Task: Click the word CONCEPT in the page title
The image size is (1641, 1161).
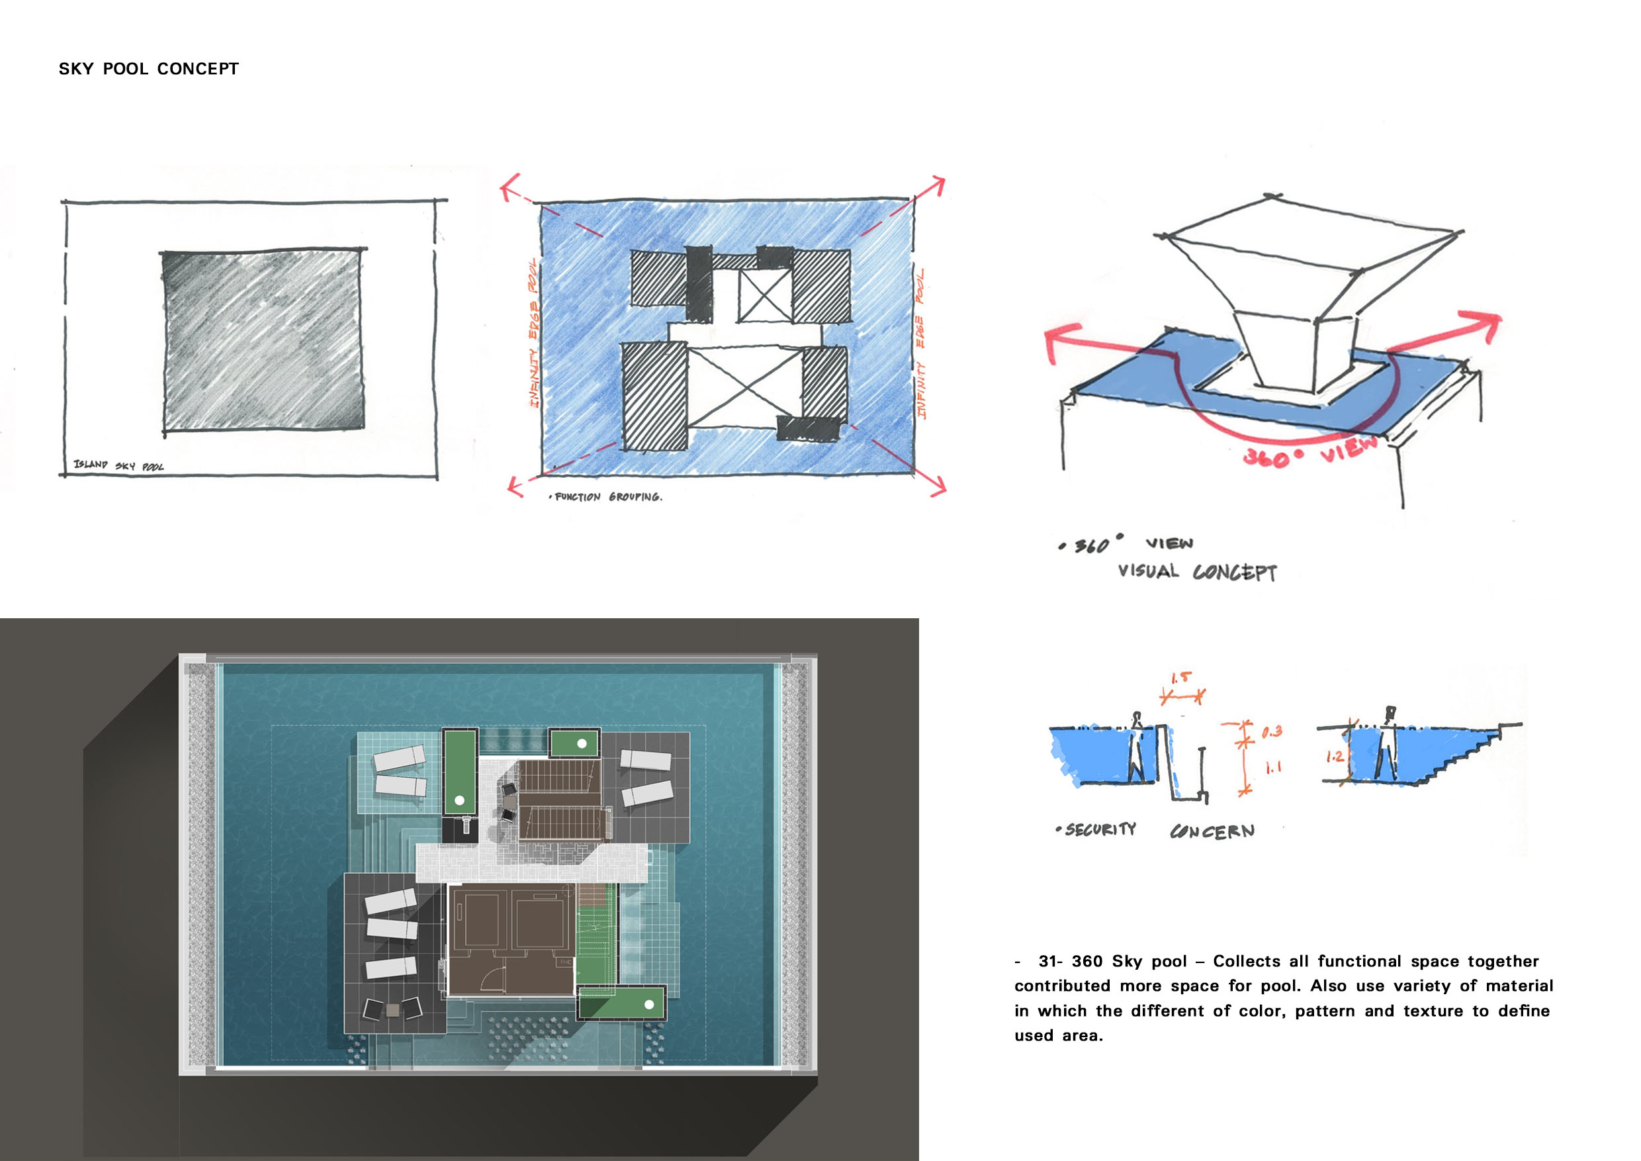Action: pos(198,69)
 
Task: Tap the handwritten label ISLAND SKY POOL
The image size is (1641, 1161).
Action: pos(118,465)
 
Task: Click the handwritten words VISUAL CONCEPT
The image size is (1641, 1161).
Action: pos(1197,571)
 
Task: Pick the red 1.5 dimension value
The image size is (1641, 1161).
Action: pos(1180,678)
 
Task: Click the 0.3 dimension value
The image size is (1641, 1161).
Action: pos(1272,731)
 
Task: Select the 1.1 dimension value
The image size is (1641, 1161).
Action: pos(1274,768)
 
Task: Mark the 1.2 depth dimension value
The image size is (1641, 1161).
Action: pos(1335,757)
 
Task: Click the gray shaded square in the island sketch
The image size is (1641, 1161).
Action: pos(263,341)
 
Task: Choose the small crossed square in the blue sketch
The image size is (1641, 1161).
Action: pos(765,295)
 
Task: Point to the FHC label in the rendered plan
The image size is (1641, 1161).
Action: pos(565,962)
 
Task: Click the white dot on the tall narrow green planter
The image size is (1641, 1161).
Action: pos(460,800)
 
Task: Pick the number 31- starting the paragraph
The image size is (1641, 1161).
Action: pos(1051,962)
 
